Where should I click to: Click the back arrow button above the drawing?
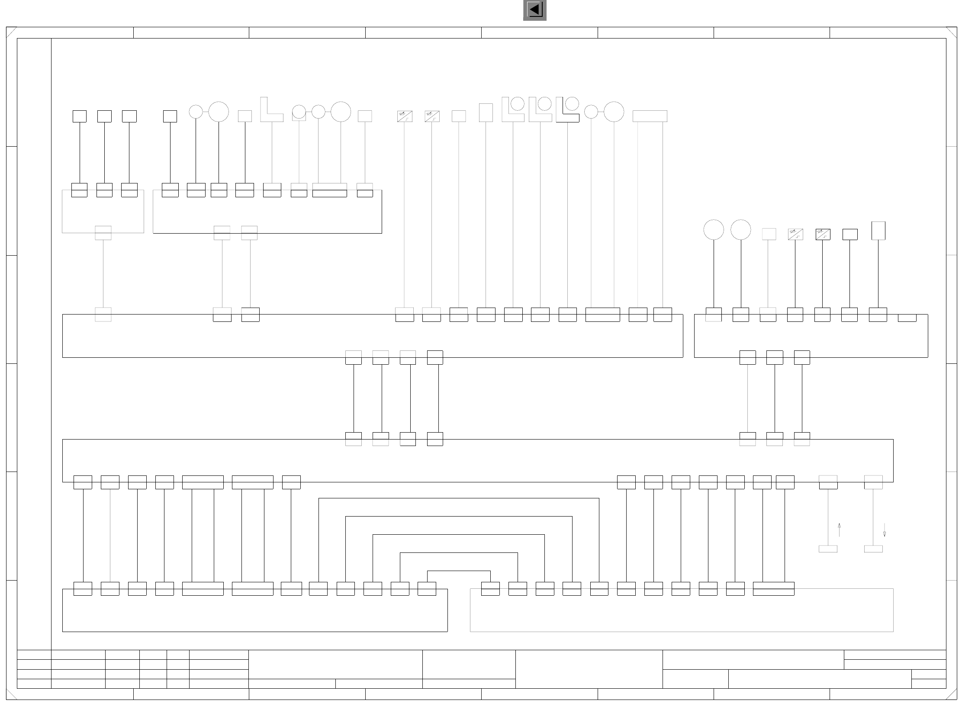[534, 10]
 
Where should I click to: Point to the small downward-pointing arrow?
[884, 530]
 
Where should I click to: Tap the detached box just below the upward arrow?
[828, 549]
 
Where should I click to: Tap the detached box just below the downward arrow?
[873, 549]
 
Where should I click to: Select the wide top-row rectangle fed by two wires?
[650, 116]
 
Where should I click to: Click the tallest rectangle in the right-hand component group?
[878, 231]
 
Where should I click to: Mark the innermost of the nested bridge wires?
[459, 571]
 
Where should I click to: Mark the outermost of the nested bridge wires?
[459, 498]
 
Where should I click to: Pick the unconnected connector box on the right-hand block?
[907, 318]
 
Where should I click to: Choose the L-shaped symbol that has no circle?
[271, 110]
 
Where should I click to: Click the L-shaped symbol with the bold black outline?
[567, 110]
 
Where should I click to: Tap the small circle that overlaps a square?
[299, 112]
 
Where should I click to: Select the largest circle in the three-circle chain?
[341, 112]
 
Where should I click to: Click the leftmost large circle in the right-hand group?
[714, 229]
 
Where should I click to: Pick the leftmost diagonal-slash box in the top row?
[405, 116]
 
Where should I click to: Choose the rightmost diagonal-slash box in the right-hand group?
[823, 234]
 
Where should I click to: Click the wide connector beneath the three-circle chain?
[329, 190]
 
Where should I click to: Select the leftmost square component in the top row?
[80, 116]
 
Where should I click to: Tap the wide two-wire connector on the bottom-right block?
[773, 588]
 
